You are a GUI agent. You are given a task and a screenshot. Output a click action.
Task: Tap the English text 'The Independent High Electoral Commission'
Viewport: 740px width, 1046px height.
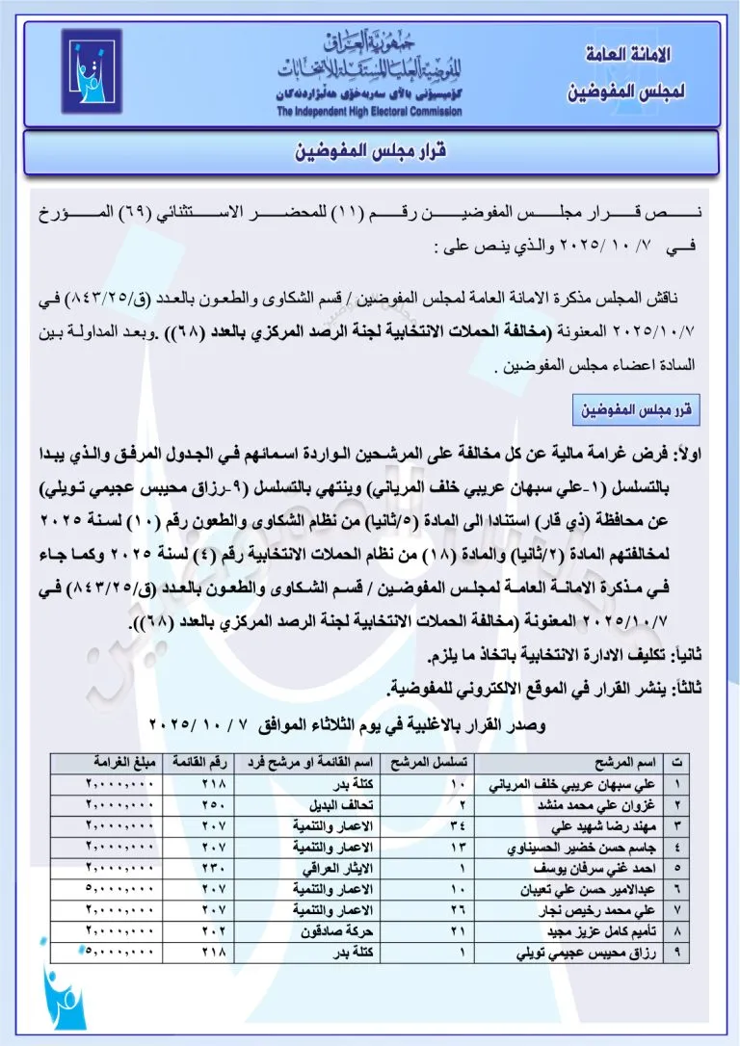point(369,112)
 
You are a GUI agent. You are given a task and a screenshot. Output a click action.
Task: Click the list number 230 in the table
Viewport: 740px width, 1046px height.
point(213,868)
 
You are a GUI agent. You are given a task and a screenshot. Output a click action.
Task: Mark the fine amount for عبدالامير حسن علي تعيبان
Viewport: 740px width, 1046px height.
point(119,890)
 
